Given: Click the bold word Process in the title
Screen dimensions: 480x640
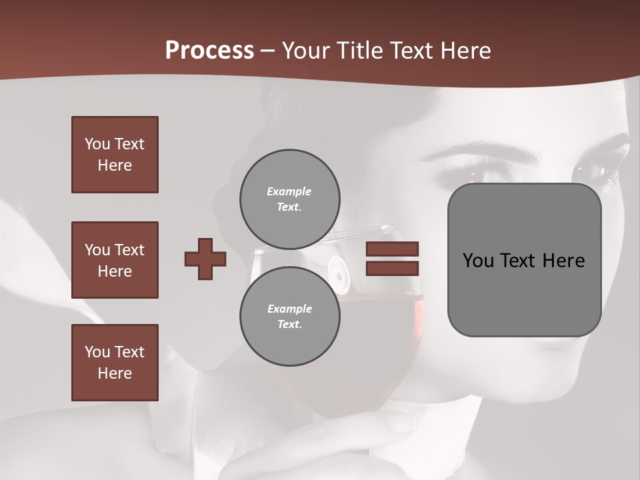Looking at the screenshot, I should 209,51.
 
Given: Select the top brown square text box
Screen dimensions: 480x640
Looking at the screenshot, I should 115,155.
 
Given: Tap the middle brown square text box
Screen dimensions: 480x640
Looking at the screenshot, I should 115,260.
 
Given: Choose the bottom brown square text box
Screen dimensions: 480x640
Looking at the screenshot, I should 115,363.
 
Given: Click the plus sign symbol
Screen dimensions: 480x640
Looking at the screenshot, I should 205,259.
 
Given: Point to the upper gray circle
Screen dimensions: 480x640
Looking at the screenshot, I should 289,199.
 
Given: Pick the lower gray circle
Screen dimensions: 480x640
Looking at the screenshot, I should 289,316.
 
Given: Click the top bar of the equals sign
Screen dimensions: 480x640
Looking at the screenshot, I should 392,249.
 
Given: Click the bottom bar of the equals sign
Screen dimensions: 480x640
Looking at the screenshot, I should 392,268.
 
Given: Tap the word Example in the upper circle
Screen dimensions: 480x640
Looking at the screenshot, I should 289,191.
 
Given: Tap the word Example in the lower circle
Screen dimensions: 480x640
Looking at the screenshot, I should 289,309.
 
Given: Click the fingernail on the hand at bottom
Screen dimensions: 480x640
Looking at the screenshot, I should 401,422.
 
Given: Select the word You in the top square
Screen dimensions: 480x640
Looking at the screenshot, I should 97,144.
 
